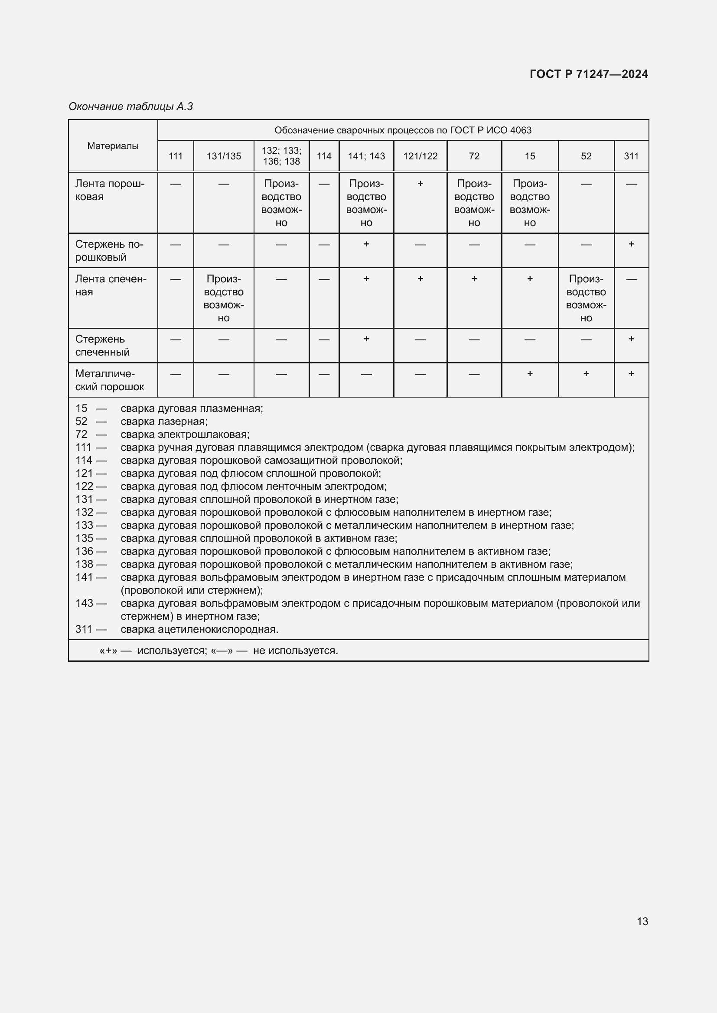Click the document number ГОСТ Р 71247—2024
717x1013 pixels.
(589, 74)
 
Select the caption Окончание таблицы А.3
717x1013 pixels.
(130, 107)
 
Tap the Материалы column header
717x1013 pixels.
(113, 146)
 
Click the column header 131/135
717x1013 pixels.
(223, 156)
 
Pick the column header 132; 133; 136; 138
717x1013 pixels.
(281, 156)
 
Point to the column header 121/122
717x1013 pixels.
(420, 156)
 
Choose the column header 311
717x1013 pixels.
(631, 156)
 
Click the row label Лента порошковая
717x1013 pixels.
(110, 190)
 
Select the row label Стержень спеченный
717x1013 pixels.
(102, 346)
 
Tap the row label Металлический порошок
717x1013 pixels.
(110, 380)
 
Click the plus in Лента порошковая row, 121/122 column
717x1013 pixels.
(420, 183)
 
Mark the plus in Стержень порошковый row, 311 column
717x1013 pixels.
(631, 244)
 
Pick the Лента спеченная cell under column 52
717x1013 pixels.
(586, 298)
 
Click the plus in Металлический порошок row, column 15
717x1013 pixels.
(529, 373)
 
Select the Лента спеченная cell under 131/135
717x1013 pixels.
(223, 298)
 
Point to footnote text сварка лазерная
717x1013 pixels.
(164, 421)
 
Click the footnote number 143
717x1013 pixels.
(85, 603)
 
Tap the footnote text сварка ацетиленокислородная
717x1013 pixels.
(199, 629)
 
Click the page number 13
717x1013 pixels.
(642, 921)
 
